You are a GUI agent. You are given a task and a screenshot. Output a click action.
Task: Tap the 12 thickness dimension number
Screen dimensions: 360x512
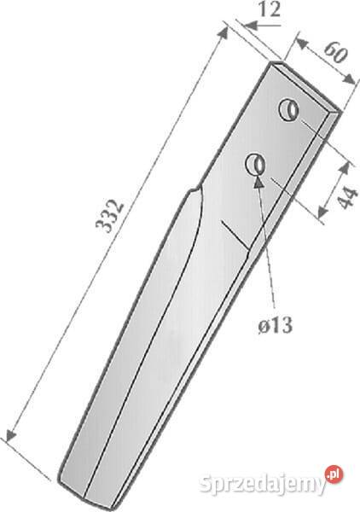[x=270, y=9]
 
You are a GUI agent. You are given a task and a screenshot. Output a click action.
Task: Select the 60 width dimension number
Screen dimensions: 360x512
[x=335, y=52]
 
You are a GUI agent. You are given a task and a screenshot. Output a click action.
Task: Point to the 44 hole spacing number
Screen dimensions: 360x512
[x=346, y=198]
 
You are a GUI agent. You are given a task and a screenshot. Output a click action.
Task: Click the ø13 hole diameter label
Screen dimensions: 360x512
[x=276, y=325]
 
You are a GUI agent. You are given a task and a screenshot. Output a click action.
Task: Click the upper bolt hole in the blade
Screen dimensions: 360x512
[x=288, y=110]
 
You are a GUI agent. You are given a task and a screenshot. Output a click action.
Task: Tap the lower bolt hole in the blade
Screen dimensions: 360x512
[x=255, y=164]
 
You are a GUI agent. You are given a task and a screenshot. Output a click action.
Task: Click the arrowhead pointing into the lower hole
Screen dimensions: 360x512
[x=258, y=181]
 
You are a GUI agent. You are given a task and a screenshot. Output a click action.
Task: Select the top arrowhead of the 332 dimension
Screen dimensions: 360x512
[x=224, y=33]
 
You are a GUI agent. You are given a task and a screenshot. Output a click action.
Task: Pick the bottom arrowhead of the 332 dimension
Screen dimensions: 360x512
[x=11, y=434]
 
